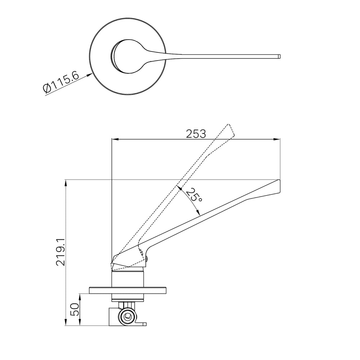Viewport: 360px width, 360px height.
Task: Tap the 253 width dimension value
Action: [196, 134]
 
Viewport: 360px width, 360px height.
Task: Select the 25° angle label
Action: [194, 195]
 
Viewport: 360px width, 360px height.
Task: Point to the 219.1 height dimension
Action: [60, 252]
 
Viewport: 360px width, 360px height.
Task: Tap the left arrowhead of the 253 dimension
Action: [114, 139]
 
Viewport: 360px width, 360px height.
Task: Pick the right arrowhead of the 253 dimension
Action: [277, 139]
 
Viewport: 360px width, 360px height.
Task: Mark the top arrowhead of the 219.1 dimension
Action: [66, 183]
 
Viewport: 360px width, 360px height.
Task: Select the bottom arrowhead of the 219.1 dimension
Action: [66, 322]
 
